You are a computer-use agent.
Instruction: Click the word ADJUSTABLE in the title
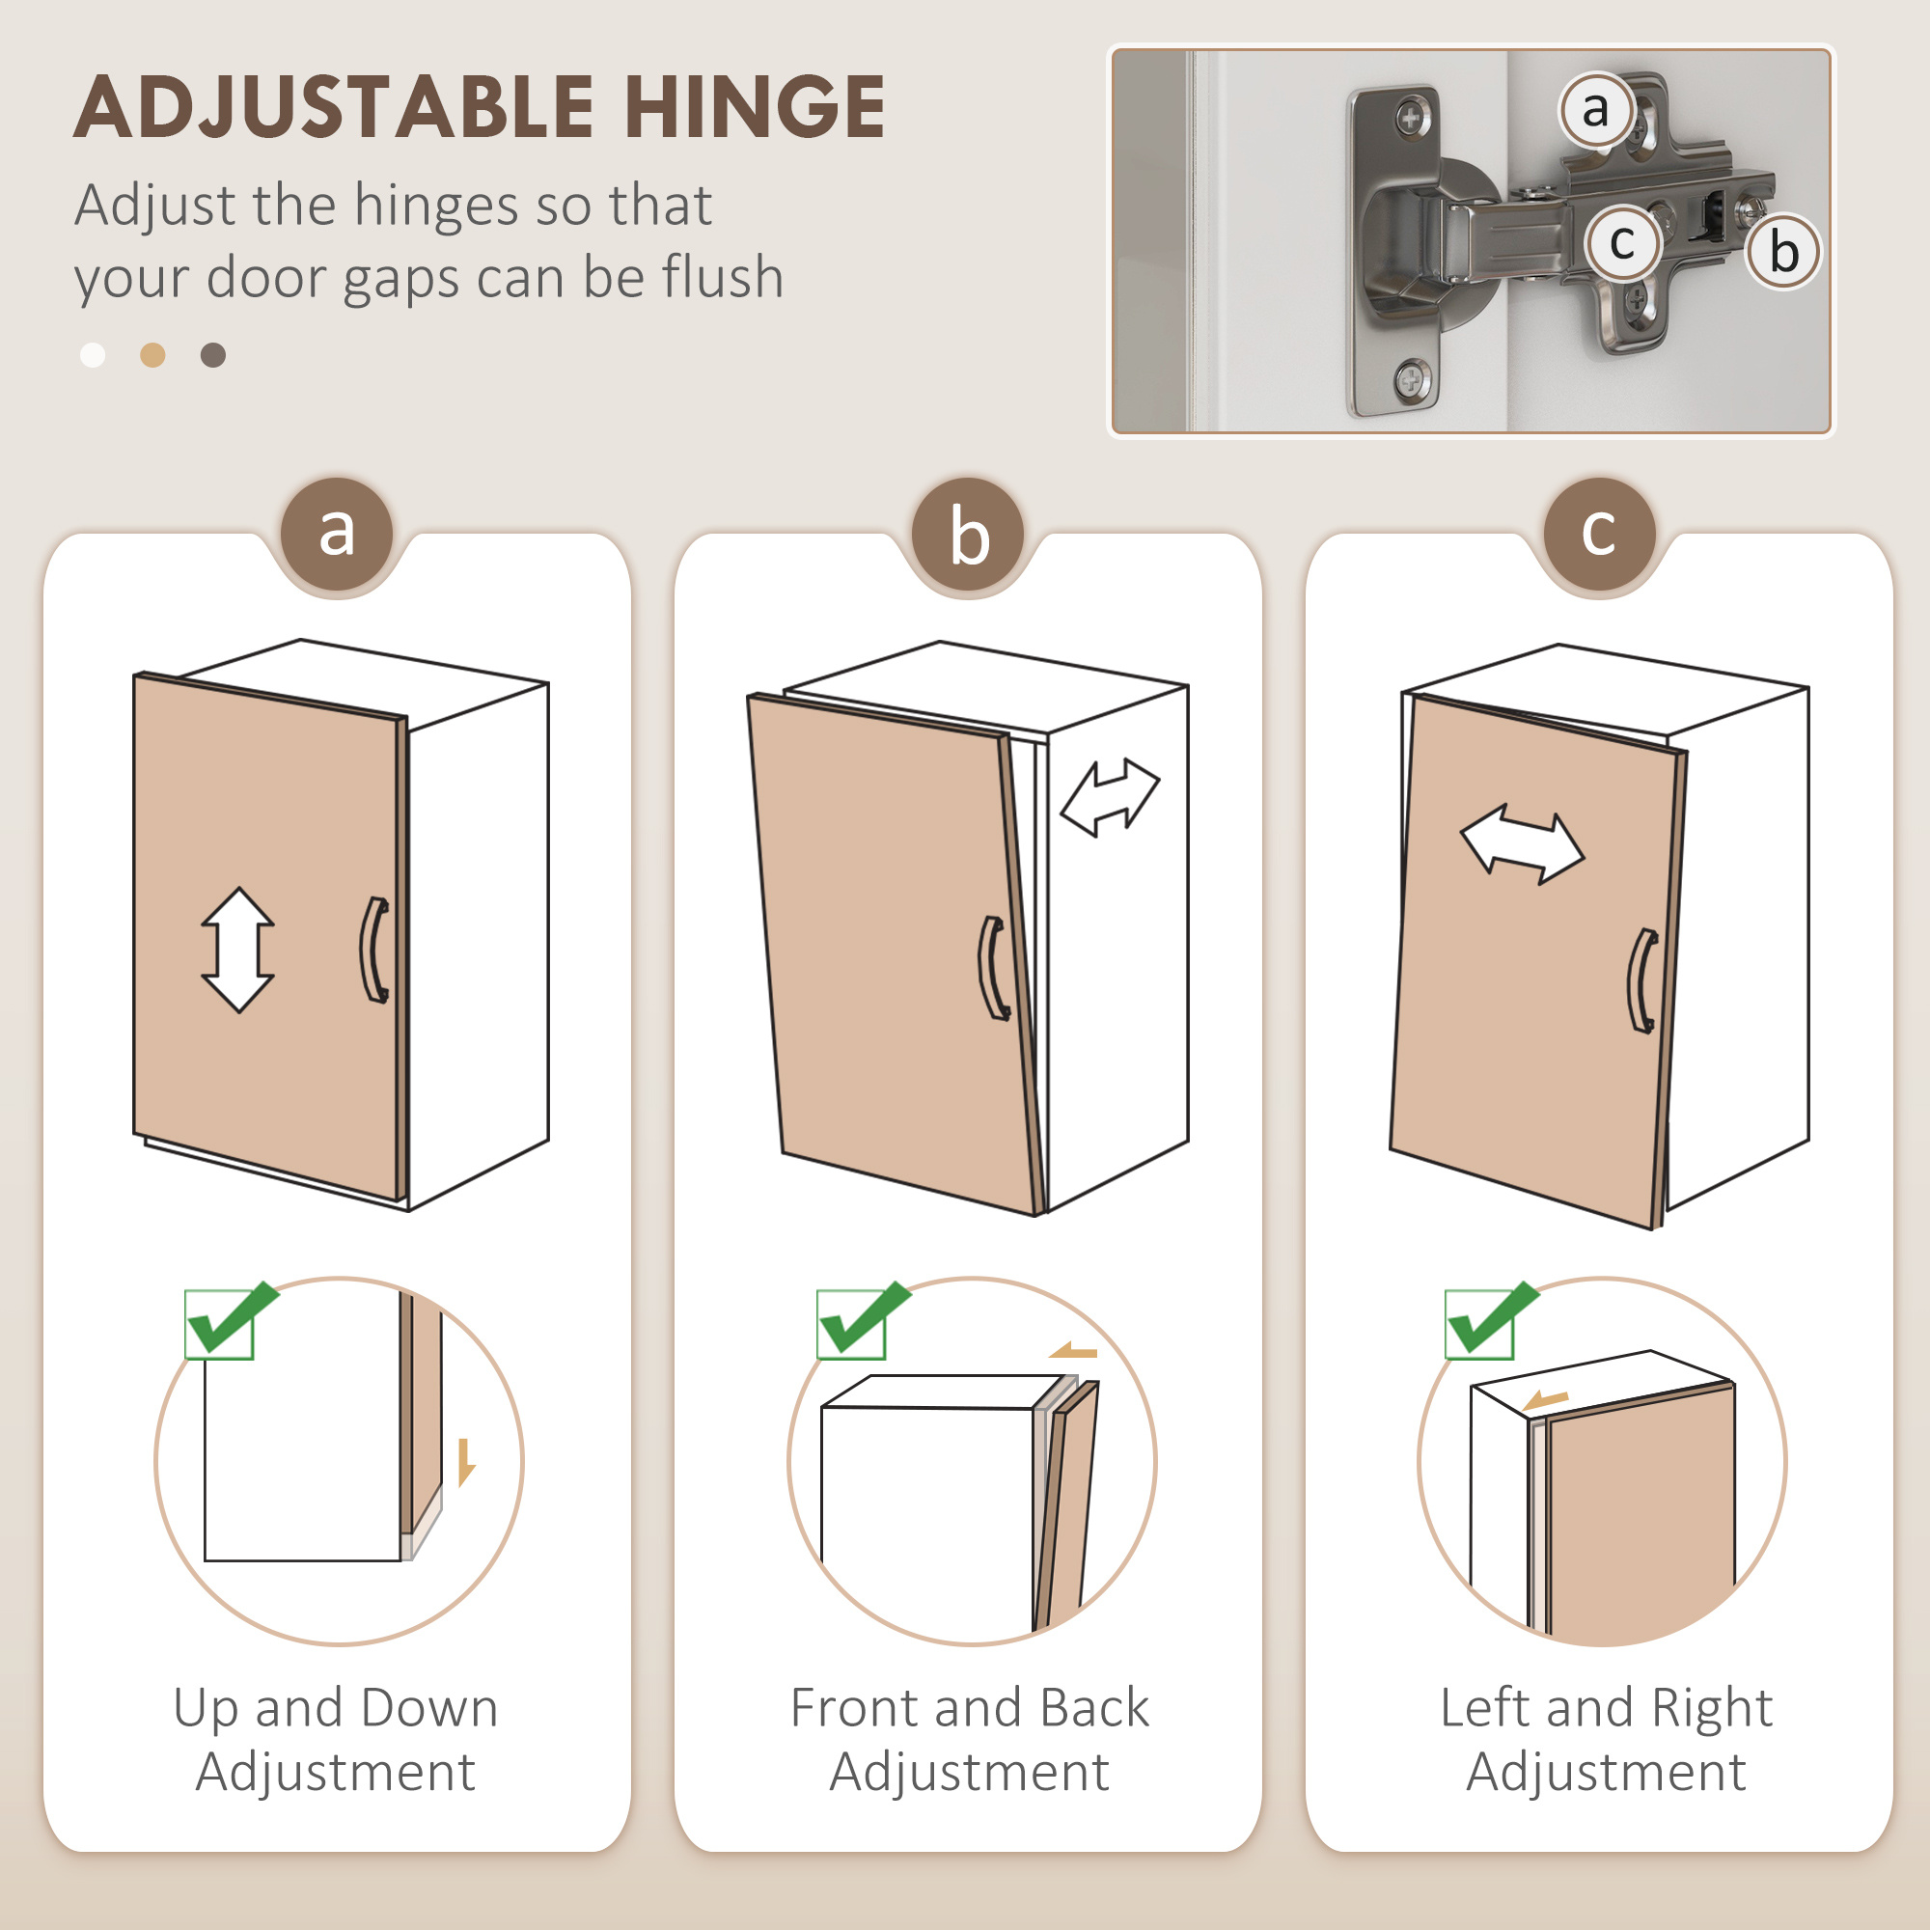tap(334, 107)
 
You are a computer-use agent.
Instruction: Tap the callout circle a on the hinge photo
tap(1596, 109)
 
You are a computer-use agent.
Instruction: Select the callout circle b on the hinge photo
tap(1783, 251)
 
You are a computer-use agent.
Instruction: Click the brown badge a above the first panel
tap(337, 535)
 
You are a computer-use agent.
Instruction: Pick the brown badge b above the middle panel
tap(968, 535)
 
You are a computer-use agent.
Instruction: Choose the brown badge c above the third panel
tap(1599, 535)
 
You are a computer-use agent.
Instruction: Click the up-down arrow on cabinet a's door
tap(237, 949)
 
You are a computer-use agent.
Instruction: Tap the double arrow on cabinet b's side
tap(1110, 796)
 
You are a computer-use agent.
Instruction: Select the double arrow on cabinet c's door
tap(1522, 844)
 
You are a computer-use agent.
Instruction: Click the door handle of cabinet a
tap(374, 949)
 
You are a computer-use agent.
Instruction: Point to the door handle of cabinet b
tap(993, 968)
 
